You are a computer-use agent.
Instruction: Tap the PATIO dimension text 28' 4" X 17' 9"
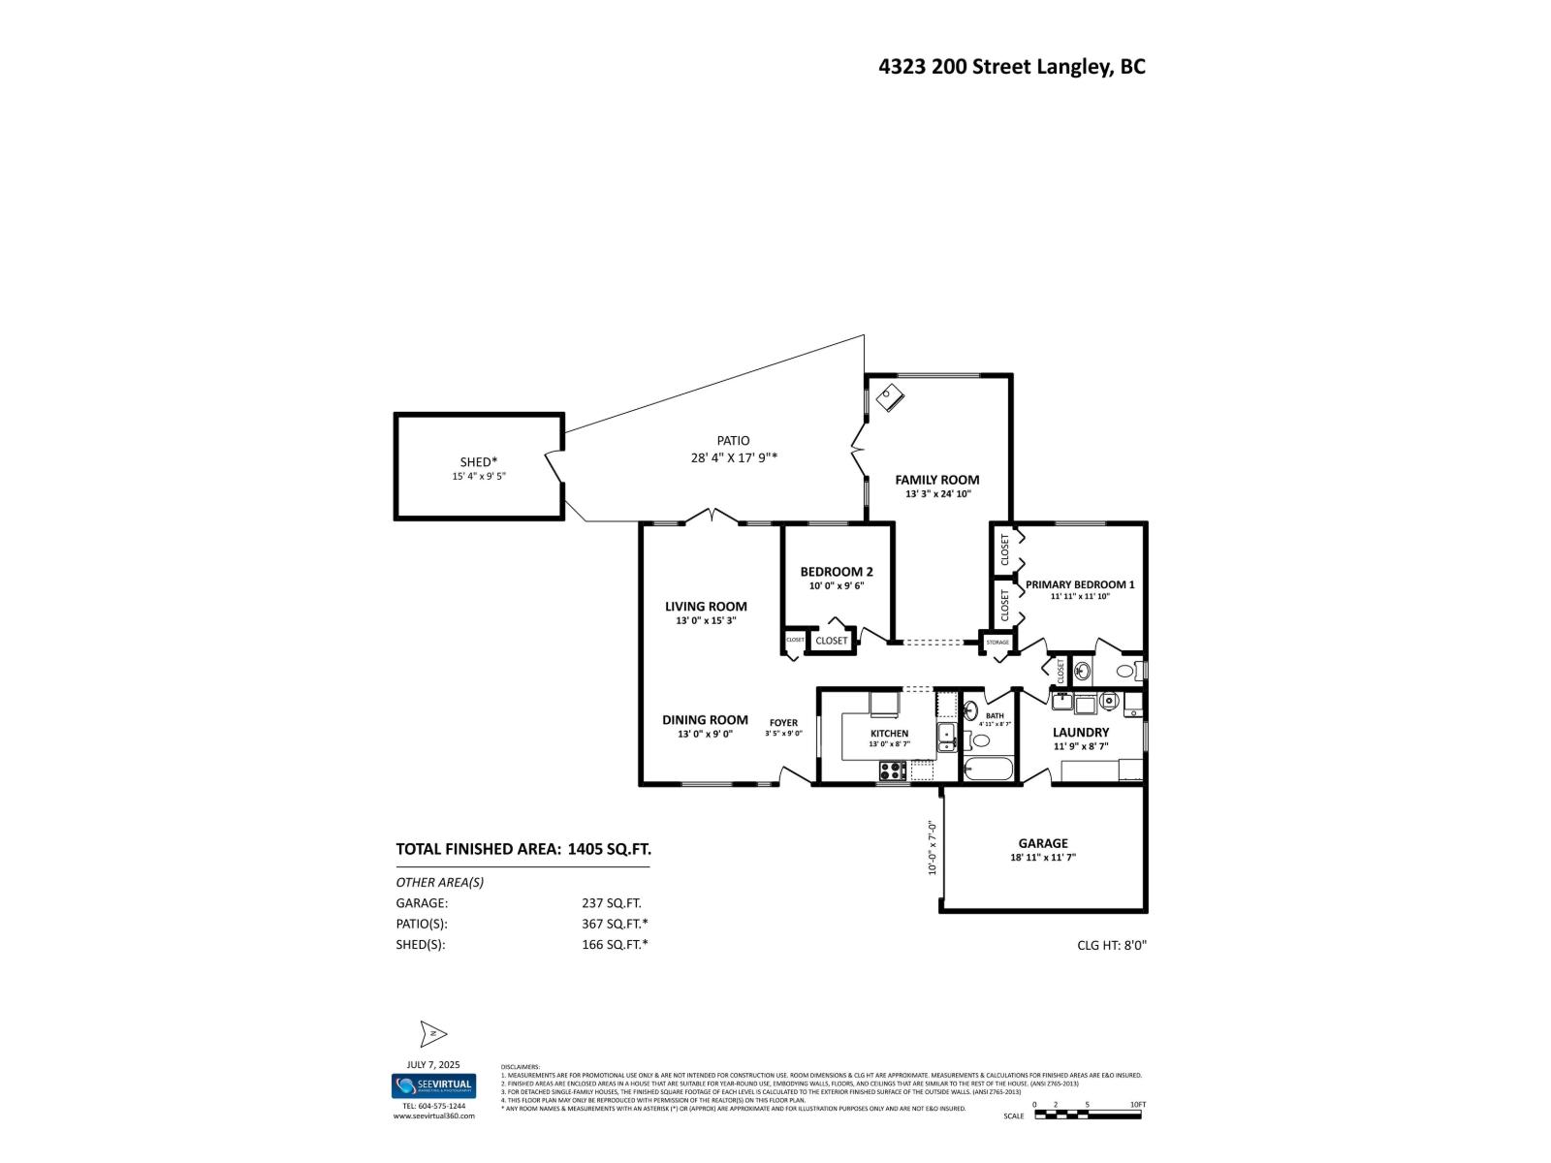pyautogui.click(x=734, y=458)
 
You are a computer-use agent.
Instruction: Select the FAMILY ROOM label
pyautogui.click(x=936, y=480)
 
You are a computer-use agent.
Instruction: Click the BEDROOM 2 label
pyautogui.click(x=836, y=572)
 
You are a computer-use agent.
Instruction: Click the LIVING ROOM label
pyautogui.click(x=706, y=607)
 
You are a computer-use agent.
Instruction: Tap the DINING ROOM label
pyautogui.click(x=705, y=720)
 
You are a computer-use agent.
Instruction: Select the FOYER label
pyautogui.click(x=783, y=723)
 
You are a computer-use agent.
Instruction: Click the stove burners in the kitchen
pyautogui.click(x=892, y=771)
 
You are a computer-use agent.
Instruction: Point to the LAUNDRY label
pyautogui.click(x=1081, y=733)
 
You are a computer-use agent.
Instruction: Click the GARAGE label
pyautogui.click(x=1042, y=843)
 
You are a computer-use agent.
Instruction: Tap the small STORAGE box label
pyautogui.click(x=997, y=643)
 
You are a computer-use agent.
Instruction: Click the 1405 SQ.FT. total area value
pyautogui.click(x=609, y=849)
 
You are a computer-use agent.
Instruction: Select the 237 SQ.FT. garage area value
pyautogui.click(x=611, y=902)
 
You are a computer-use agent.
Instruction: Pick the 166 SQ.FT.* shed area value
pyautogui.click(x=615, y=944)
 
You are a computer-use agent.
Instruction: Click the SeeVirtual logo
pyautogui.click(x=433, y=1086)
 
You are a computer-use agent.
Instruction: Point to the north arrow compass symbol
pyautogui.click(x=432, y=1034)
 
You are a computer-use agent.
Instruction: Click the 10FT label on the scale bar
pyautogui.click(x=1137, y=1105)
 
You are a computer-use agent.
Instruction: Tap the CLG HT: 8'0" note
pyautogui.click(x=1112, y=945)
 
